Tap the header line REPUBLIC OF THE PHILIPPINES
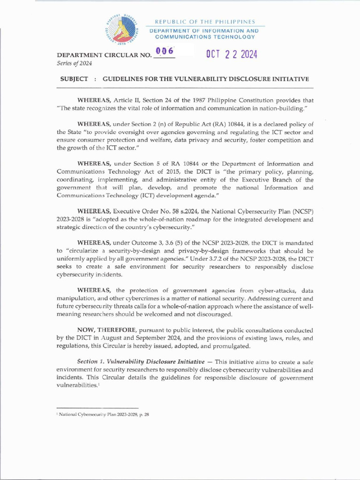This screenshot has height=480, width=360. (x=205, y=22)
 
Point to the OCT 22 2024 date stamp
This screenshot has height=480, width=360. (x=232, y=54)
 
